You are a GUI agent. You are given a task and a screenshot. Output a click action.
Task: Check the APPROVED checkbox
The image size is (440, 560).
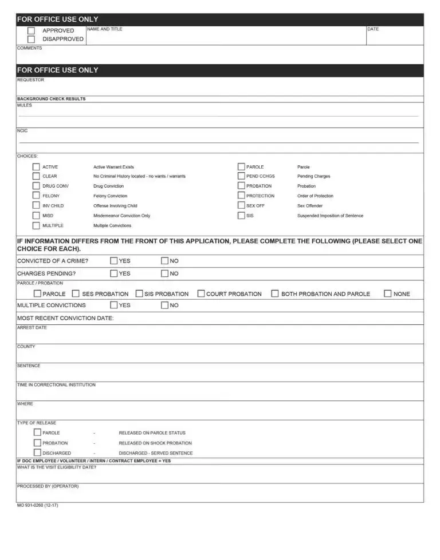31,31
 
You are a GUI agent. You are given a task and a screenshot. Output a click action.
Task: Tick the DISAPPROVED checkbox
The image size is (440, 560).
31,39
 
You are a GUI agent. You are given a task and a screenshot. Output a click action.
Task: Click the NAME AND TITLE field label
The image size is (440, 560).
104,29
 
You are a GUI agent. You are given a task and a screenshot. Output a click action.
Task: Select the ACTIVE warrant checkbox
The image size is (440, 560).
36,167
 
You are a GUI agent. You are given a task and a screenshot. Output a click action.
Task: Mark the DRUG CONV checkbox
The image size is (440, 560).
36,186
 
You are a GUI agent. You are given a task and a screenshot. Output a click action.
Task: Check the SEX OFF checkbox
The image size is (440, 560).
241,206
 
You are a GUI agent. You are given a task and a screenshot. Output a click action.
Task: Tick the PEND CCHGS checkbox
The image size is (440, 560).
241,176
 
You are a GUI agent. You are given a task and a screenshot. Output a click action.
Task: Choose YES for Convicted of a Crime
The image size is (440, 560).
113,261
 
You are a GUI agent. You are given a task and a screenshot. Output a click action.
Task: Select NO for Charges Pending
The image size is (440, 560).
164,273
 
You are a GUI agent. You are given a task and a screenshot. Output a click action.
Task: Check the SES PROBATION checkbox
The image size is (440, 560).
76,293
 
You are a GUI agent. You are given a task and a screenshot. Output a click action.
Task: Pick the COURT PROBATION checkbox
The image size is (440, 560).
201,293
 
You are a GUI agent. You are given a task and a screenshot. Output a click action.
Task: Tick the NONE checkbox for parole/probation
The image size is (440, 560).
388,293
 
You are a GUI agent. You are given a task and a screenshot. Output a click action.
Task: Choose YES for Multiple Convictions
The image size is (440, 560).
113,305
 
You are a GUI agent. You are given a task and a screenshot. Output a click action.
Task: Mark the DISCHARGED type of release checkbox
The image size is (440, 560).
37,452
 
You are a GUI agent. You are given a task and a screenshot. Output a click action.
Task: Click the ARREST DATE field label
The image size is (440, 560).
32,328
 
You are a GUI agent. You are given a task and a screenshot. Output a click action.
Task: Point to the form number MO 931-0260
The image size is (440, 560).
37,506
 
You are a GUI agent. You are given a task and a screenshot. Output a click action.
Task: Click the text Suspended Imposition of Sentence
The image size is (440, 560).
330,216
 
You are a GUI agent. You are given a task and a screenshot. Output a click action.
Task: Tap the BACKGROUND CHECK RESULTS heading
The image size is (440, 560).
51,99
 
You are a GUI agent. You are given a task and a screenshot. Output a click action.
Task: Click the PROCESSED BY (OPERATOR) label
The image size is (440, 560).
48,486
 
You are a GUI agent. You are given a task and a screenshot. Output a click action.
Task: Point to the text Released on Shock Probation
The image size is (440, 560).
155,443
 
